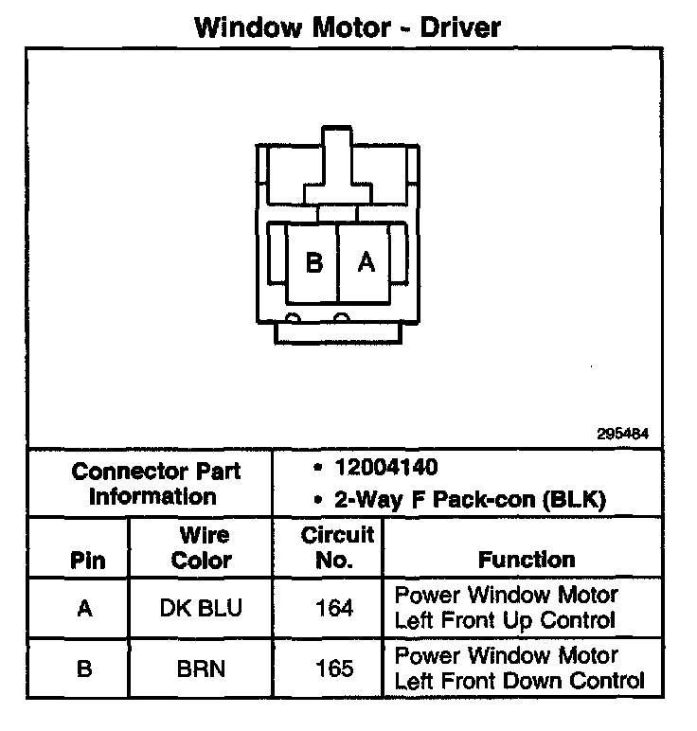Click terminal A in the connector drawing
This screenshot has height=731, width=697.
[x=366, y=263]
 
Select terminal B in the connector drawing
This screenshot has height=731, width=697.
[x=314, y=263]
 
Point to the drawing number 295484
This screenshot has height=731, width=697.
[x=622, y=435]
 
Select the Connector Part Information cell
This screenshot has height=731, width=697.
[x=156, y=483]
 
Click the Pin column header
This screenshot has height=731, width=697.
[x=87, y=560]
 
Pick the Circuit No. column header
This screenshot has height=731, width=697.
[x=337, y=547]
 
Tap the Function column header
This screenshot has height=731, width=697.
[x=526, y=560]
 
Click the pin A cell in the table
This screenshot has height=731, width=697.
[x=85, y=609]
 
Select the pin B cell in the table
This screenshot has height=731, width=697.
[x=85, y=669]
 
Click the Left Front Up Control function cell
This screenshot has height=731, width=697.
[x=506, y=609]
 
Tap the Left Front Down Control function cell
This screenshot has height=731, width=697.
[x=519, y=669]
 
